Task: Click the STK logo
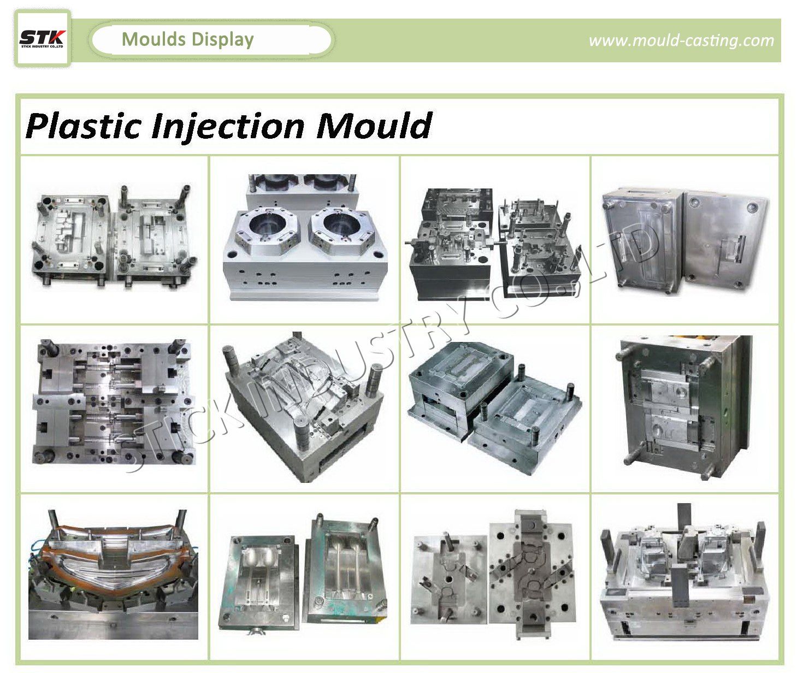coord(43,39)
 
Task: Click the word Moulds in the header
coord(154,39)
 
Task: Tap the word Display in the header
coord(222,40)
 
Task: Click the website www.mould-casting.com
coord(681,40)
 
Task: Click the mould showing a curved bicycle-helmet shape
coord(304,406)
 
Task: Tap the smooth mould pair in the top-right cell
coord(686,240)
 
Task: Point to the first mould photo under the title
coord(114,236)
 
